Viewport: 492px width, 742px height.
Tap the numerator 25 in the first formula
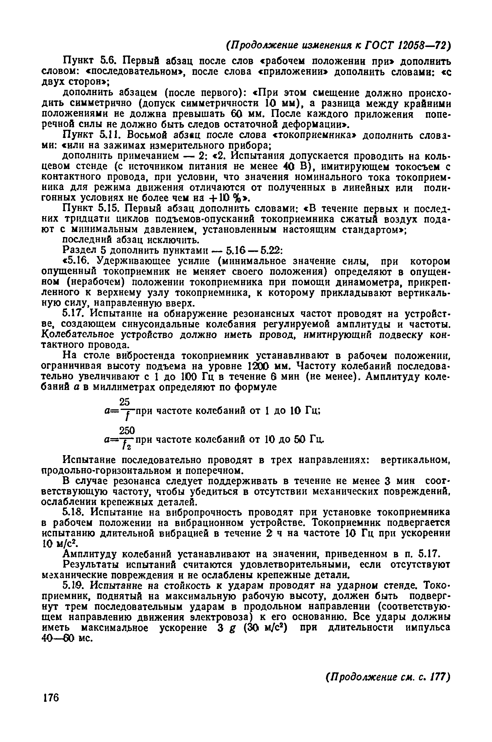click(125, 402)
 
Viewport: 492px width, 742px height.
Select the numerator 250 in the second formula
click(126, 430)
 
